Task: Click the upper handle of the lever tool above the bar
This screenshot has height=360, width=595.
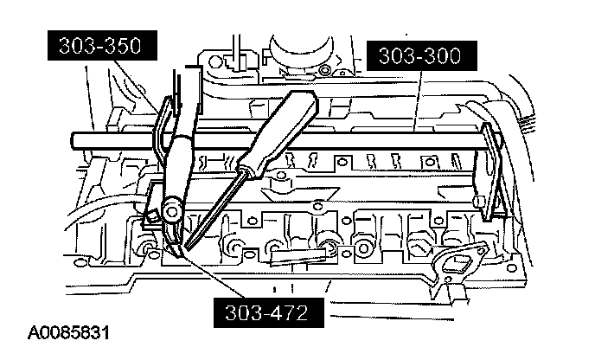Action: pos(184,95)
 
